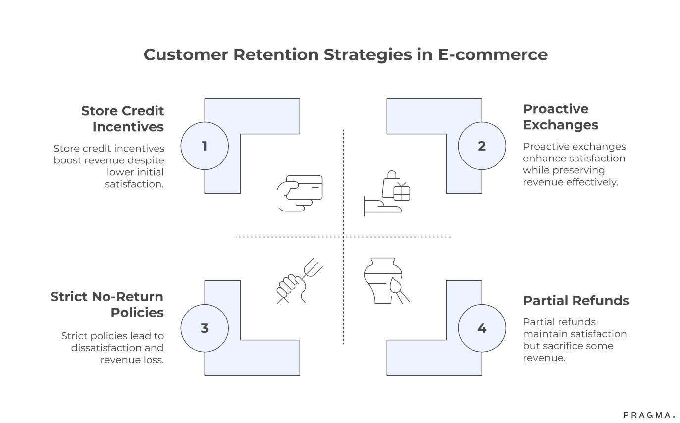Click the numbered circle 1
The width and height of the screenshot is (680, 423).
205,146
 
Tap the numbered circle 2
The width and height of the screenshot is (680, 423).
482,146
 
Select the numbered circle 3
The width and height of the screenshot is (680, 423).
205,328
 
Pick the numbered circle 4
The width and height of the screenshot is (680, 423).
482,328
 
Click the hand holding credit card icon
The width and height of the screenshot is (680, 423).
300,193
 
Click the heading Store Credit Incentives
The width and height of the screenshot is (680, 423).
122,119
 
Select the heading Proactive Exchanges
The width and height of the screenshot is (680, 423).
561,117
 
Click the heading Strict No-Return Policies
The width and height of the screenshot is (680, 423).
107,305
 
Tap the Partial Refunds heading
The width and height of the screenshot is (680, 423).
576,301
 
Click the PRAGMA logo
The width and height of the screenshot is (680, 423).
649,415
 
